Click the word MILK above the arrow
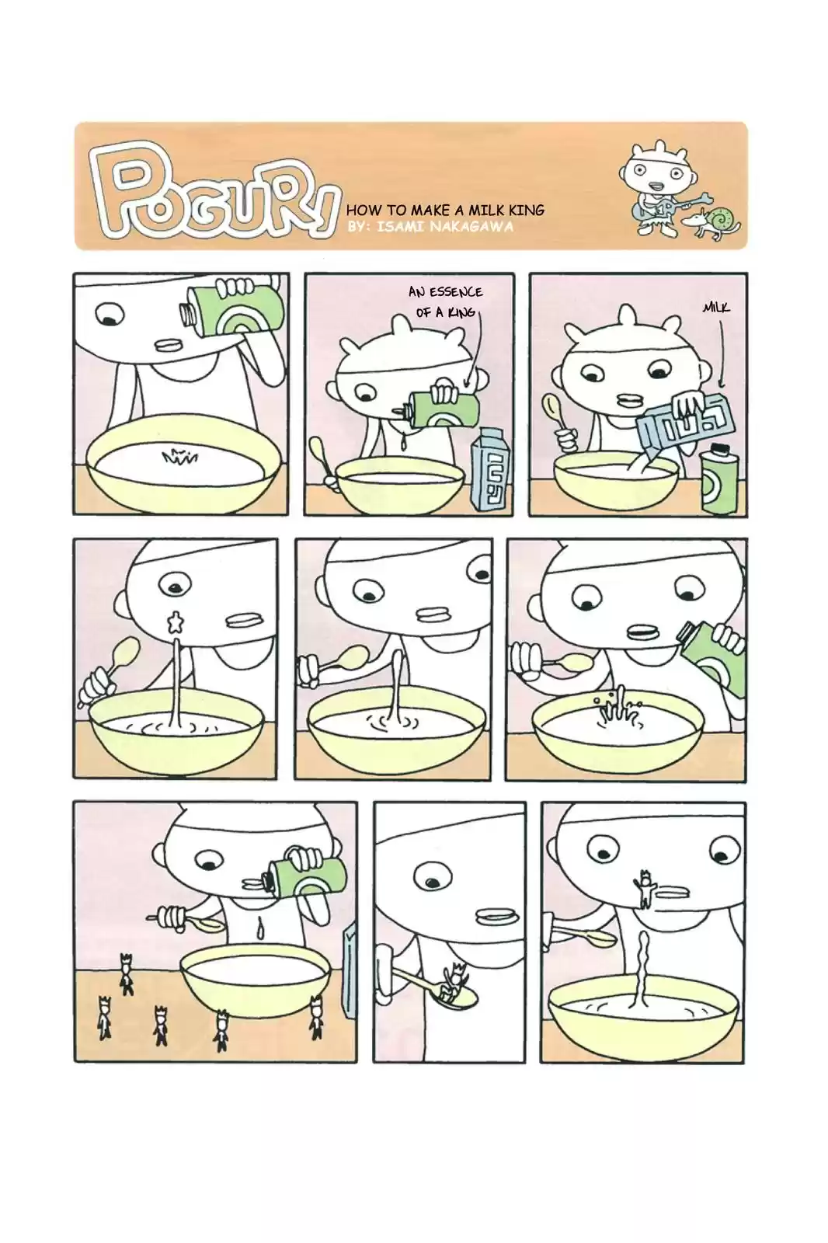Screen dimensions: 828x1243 tap(716, 308)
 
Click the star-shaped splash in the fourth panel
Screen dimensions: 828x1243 tap(176, 622)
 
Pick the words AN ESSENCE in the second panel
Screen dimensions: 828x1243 tap(445, 292)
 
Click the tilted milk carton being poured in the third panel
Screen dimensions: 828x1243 tap(684, 420)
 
